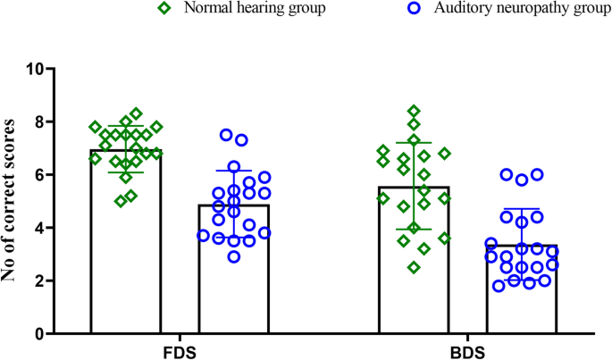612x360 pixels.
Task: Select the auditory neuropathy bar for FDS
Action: [x=234, y=277]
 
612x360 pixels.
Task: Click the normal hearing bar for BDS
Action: [x=414, y=268]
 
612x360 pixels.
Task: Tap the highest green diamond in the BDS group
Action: [x=414, y=112]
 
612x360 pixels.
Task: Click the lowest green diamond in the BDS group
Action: [x=414, y=267]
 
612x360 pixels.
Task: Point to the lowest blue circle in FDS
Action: [x=234, y=257]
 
